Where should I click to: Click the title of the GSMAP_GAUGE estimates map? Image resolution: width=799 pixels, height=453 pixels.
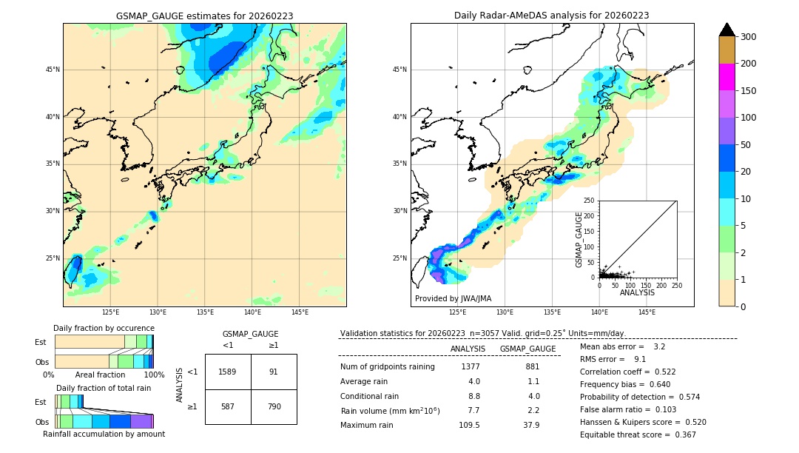tap(204, 16)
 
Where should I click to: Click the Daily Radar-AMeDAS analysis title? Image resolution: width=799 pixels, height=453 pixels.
tap(551, 16)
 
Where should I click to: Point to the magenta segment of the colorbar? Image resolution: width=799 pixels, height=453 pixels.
tap(727, 77)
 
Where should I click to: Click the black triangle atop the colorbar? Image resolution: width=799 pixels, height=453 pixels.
tap(727, 30)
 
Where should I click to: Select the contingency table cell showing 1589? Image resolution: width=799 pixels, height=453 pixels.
tap(228, 372)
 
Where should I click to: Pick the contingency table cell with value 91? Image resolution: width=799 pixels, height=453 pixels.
tap(273, 372)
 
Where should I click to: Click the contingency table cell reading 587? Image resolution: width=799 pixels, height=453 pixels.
tap(228, 406)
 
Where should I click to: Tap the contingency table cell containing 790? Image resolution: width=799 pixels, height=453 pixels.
tap(273, 406)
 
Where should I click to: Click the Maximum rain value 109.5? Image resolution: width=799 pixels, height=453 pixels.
tap(469, 425)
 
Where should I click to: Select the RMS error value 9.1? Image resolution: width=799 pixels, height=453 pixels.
tap(640, 359)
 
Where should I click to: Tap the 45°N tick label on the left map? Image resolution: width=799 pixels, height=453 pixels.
tap(53, 70)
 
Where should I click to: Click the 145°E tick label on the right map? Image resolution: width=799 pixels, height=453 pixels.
tap(647, 312)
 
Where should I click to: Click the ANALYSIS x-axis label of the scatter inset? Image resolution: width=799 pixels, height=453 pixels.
tap(637, 292)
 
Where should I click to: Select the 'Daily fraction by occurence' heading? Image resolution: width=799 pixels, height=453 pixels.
tap(104, 328)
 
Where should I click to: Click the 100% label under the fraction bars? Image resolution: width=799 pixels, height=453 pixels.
tap(154, 375)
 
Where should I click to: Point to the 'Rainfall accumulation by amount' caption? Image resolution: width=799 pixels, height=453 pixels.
tap(104, 434)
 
